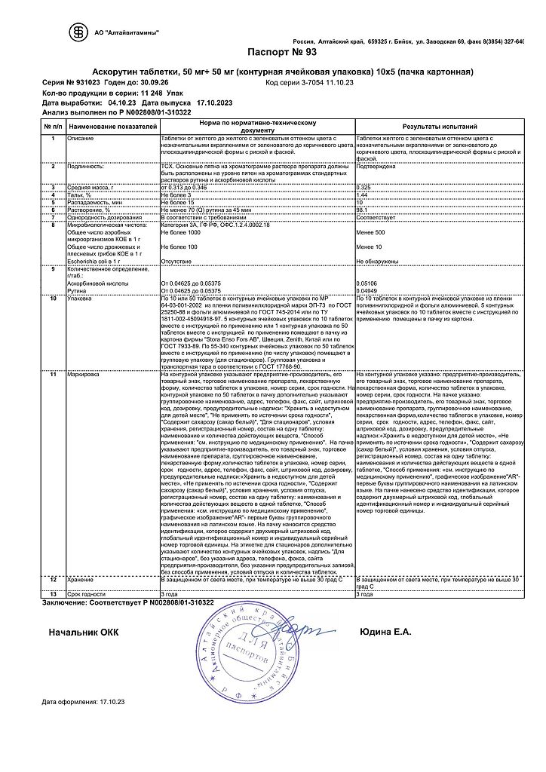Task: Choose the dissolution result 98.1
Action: (x=361, y=210)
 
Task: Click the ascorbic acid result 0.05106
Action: (x=366, y=283)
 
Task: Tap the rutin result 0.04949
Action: (x=366, y=290)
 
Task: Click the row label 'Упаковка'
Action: (x=81, y=299)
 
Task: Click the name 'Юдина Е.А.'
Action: (x=385, y=632)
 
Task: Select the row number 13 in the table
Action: (x=53, y=595)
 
